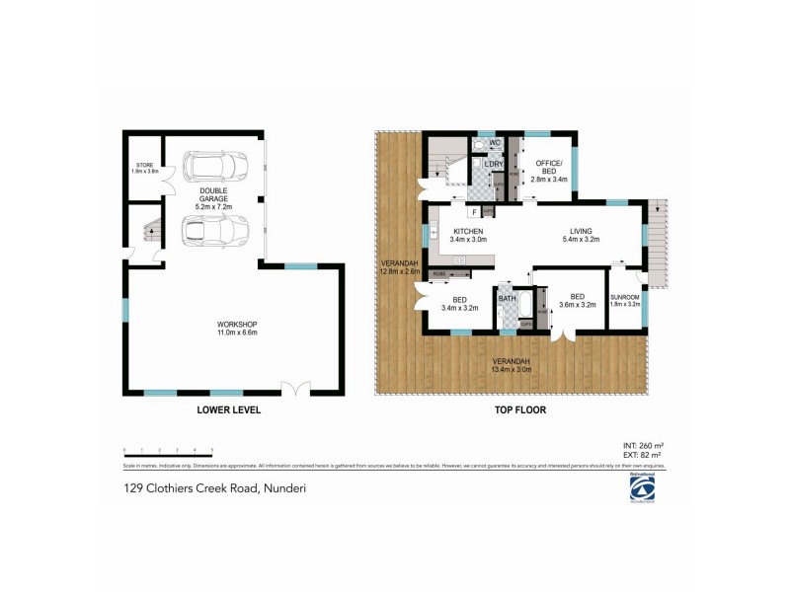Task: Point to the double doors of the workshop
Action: [x=294, y=388]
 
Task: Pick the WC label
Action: [x=495, y=144]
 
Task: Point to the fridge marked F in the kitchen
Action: [x=475, y=211]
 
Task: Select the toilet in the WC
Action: [x=480, y=144]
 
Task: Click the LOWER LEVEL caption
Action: [x=228, y=409]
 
